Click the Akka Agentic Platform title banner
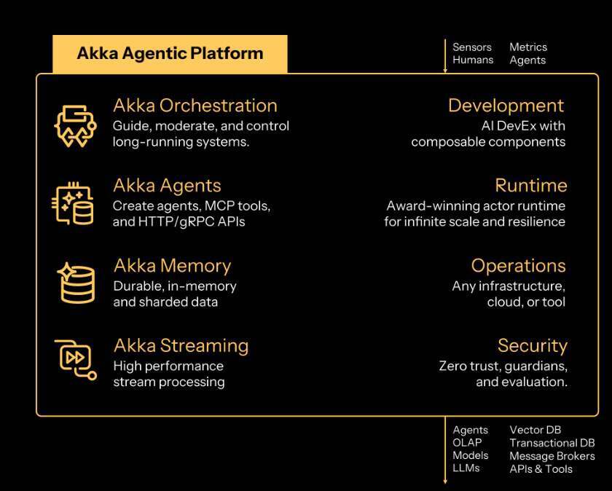(x=170, y=54)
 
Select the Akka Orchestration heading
(x=195, y=106)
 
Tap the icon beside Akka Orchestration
(x=75, y=126)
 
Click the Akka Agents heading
(x=167, y=186)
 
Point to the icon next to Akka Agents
(x=73, y=204)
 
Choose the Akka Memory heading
(x=173, y=266)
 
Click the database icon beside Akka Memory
(x=76, y=283)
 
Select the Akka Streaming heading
(x=181, y=346)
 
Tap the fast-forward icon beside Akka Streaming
(x=75, y=359)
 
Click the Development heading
(x=506, y=106)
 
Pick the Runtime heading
(x=531, y=185)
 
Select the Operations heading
(x=518, y=266)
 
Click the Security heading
(x=533, y=346)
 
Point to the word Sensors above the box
(x=472, y=47)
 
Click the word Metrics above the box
(x=528, y=47)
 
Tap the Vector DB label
(x=535, y=430)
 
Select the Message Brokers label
(x=552, y=456)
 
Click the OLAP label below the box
(x=467, y=443)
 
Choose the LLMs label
(x=466, y=468)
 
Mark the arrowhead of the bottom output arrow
(x=445, y=482)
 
